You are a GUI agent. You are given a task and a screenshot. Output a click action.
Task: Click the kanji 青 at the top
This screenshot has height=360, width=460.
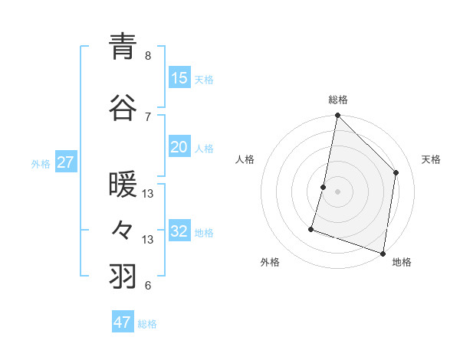[123, 47]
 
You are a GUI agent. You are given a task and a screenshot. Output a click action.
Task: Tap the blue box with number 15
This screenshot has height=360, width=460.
[179, 78]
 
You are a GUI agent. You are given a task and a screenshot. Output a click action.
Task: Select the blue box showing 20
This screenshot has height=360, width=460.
[179, 148]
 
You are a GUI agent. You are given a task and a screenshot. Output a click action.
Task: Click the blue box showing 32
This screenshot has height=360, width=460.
[179, 231]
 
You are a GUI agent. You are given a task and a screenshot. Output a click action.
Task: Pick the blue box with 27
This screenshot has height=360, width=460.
[66, 162]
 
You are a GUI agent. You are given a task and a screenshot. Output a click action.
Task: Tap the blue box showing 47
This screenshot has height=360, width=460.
[123, 322]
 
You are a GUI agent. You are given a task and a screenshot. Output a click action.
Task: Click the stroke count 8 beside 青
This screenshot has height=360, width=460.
[148, 56]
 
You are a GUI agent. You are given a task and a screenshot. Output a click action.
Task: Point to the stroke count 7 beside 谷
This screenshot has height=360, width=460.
[148, 116]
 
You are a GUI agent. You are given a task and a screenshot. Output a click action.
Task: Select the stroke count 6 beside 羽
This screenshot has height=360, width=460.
[148, 286]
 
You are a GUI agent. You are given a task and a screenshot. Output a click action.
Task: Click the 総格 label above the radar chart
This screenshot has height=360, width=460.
[337, 100]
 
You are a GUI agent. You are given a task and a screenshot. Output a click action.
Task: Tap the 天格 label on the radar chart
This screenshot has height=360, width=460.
[431, 159]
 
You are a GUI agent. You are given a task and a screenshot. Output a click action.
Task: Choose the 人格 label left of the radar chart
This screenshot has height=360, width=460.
[245, 159]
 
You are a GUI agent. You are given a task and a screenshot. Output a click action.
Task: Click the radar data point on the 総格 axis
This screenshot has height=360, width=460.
[337, 116]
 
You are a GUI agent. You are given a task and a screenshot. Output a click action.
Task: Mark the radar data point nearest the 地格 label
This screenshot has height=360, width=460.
[383, 253]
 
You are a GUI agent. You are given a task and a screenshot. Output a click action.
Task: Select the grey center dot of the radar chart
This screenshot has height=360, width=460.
[337, 191]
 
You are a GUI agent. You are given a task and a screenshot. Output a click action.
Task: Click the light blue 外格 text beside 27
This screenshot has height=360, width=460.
[41, 163]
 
